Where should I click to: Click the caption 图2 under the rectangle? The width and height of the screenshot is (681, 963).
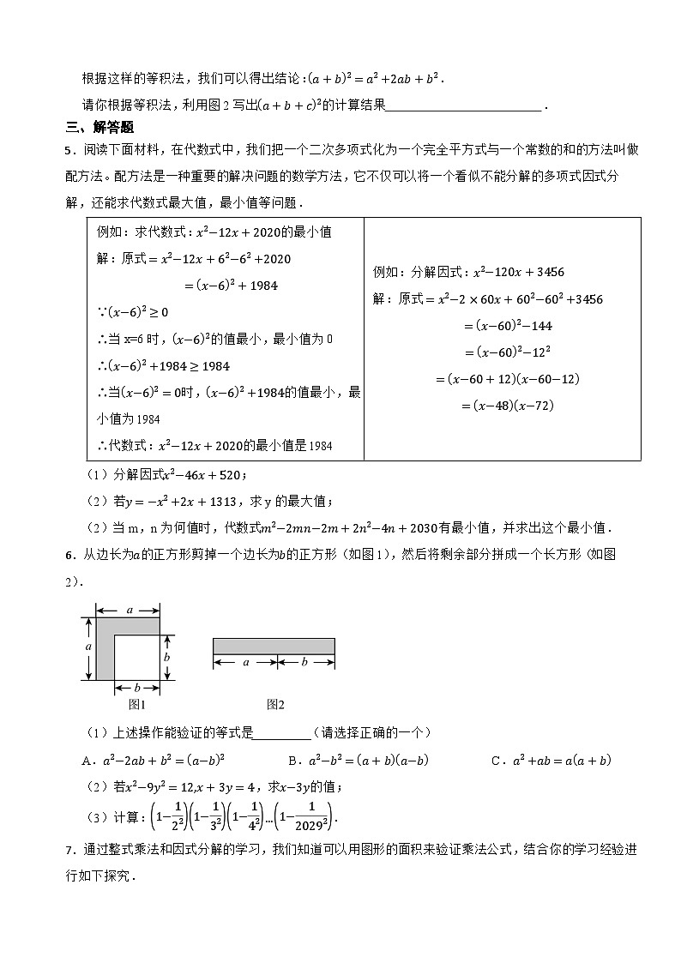pos(275,704)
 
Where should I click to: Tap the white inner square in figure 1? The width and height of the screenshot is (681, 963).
pos(136,657)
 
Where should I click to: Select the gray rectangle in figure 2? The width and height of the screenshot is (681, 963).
pos(274,647)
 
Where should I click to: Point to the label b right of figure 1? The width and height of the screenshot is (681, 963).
pos(169,656)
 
